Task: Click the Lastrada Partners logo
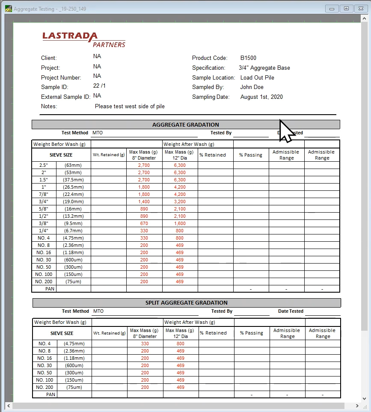[84, 39]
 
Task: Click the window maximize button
[346, 9]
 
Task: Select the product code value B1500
[248, 58]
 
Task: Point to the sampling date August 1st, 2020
[261, 97]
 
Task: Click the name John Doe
[252, 87]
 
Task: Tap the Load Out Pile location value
[257, 77]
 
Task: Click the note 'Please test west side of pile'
[130, 107]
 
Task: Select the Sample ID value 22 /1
[99, 86]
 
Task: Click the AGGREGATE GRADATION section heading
[186, 125]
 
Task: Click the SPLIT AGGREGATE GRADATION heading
[187, 303]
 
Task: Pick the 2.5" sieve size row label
[44, 165]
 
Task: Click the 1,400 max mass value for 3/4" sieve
[144, 202]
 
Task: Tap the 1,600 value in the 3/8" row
[180, 223]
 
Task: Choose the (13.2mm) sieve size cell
[73, 216]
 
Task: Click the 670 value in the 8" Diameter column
[144, 223]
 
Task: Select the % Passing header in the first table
[251, 155]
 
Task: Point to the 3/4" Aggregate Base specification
[264, 68]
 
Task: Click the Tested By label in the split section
[222, 311]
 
